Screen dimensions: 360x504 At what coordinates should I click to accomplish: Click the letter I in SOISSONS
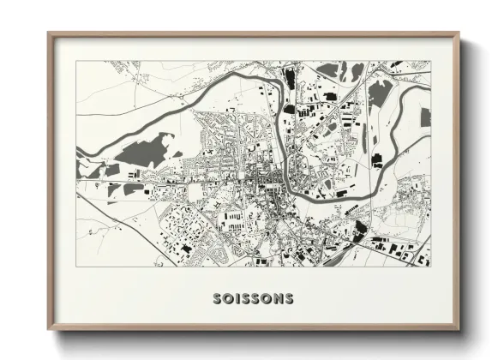[237, 299]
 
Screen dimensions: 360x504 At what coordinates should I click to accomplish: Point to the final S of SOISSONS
[289, 299]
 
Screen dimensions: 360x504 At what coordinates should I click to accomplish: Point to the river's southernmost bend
[300, 188]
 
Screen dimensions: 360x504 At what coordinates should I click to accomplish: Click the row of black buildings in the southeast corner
[403, 249]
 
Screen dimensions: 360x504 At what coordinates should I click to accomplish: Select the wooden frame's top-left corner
[49, 33]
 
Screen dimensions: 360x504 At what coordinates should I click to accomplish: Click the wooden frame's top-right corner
[459, 33]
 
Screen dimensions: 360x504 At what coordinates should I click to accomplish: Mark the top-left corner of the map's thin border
[76, 61]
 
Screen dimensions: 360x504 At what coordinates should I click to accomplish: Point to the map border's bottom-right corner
[430, 267]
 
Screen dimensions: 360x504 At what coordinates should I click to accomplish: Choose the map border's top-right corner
[430, 61]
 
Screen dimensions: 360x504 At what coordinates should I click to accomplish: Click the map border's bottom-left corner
[76, 267]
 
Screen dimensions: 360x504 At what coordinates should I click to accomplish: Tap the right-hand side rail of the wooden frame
[457, 180]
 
